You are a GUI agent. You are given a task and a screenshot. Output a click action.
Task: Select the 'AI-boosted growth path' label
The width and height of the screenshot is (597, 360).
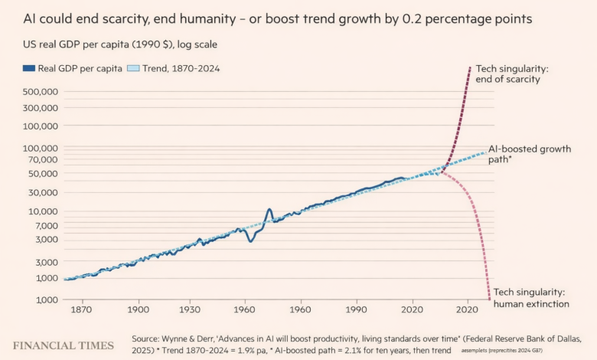[530, 155]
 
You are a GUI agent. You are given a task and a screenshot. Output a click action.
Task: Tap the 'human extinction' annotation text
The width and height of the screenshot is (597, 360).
[531, 303]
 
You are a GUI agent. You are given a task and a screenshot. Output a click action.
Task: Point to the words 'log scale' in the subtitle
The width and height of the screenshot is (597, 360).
[197, 44]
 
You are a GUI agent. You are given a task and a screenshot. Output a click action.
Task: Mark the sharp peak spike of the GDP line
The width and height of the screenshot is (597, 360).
[269, 210]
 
